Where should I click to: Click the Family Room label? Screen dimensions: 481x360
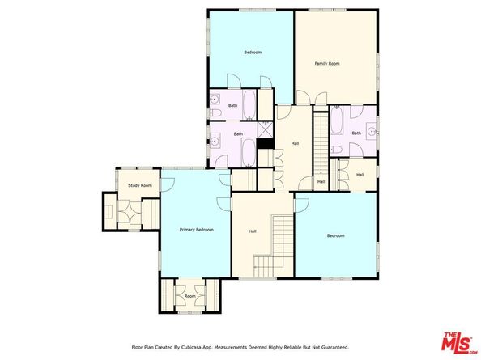[x=327, y=64]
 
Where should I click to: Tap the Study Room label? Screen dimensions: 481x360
[x=140, y=185]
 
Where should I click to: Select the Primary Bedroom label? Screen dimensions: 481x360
[x=196, y=230]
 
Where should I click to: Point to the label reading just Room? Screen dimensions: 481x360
[x=189, y=296]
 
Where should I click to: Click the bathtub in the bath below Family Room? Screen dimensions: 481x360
[x=337, y=121]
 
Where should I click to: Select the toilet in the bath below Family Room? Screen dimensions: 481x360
[x=337, y=150]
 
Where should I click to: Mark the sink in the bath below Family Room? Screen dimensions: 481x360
[x=372, y=132]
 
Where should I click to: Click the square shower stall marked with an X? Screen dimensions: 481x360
[x=266, y=130]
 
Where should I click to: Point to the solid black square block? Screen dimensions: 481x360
[x=266, y=144]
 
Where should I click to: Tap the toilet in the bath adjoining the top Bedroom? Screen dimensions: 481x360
[x=215, y=112]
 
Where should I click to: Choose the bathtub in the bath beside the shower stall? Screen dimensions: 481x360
[x=249, y=152]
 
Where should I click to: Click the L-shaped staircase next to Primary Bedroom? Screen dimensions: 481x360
[x=274, y=246]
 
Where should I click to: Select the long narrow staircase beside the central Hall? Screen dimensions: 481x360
[x=321, y=144]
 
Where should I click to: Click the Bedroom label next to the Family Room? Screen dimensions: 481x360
[x=253, y=53]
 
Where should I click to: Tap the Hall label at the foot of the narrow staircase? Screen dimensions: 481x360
[x=321, y=182]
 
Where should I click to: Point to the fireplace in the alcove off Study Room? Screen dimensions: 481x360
[x=109, y=212]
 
